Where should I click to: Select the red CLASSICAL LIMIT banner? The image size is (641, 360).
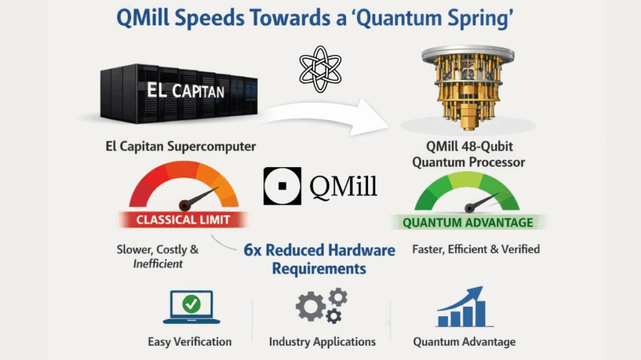[183, 220]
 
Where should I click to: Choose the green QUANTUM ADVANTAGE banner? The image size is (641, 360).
[468, 222]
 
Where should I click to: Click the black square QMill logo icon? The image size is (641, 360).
[282, 186]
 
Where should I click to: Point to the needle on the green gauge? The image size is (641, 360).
[481, 202]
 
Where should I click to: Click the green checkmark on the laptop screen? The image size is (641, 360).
[191, 305]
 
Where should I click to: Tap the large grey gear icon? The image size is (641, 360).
[312, 307]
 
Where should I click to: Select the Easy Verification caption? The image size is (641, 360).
[190, 342]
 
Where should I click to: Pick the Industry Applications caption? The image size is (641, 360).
[322, 342]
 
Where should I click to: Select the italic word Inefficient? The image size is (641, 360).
[158, 264]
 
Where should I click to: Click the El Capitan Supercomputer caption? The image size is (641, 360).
[182, 148]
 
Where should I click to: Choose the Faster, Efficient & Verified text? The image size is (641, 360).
[476, 249]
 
